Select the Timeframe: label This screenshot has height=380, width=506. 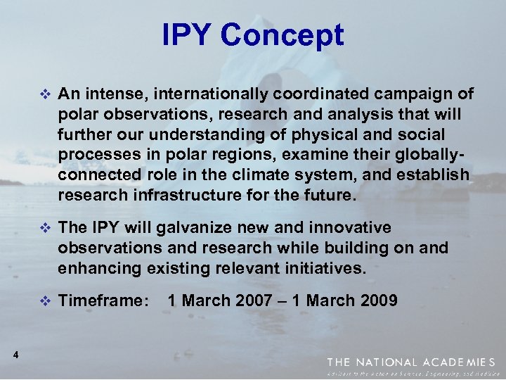(x=104, y=301)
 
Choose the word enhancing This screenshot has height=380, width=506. (x=100, y=268)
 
